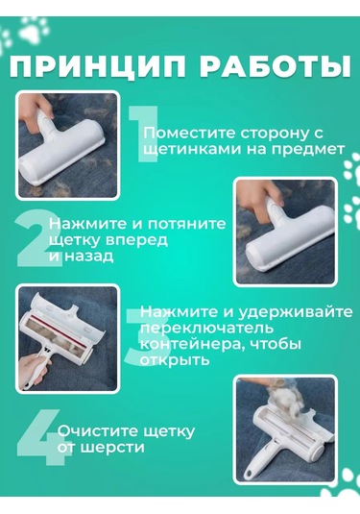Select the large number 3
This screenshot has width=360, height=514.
(x=135, y=335)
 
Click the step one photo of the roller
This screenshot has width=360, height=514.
(x=67, y=144)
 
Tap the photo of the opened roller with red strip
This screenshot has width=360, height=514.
(x=67, y=337)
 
